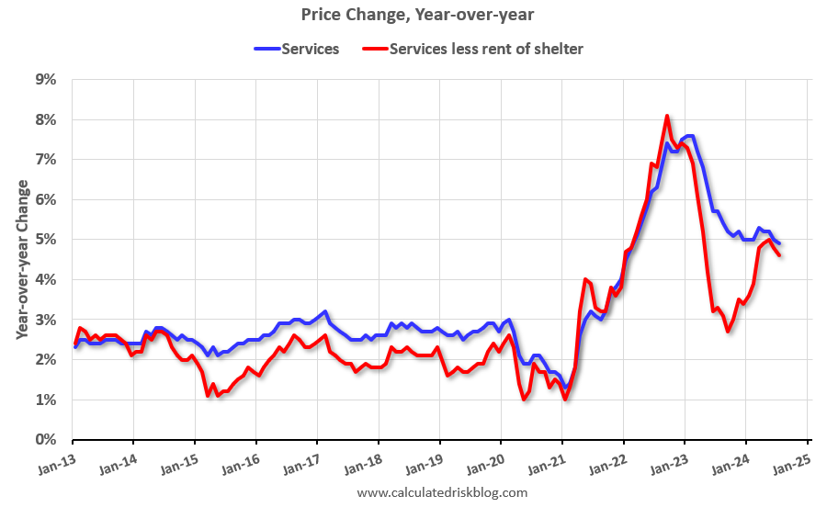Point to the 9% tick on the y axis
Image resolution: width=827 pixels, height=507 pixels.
[45, 80]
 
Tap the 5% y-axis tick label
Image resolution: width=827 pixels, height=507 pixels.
[45, 240]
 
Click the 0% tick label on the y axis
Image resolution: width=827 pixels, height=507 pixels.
[45, 440]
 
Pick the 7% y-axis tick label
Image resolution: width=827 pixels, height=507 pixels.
[45, 160]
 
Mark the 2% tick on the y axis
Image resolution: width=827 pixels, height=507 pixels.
[45, 360]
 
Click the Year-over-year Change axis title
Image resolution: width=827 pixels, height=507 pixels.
[21, 260]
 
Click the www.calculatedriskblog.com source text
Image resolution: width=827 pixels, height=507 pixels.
[442, 493]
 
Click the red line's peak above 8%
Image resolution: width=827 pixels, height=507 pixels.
[667, 116]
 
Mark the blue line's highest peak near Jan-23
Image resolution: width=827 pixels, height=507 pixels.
[689, 136]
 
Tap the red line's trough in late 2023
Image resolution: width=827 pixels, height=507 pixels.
[729, 331]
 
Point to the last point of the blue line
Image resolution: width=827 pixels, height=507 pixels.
[779, 243]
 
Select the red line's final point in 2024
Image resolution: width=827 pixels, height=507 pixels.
[780, 255]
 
